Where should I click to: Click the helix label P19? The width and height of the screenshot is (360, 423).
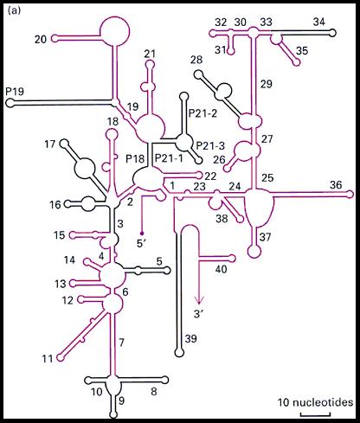(15, 92)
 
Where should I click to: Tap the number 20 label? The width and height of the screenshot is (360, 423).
(41, 39)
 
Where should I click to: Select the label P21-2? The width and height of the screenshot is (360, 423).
(202, 113)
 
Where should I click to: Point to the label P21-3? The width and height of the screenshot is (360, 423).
(210, 145)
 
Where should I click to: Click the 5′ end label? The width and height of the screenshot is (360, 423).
(142, 244)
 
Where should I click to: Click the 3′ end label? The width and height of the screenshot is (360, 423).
(199, 314)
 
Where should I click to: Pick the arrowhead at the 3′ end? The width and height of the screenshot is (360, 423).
(198, 300)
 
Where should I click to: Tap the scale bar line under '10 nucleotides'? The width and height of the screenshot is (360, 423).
(315, 415)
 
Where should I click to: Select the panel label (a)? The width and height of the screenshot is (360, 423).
(15, 10)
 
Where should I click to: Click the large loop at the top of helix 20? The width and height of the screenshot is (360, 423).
(115, 31)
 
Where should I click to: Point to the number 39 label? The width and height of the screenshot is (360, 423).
(191, 338)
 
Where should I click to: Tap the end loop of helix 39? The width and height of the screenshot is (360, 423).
(179, 352)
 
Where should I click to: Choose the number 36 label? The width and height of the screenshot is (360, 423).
(336, 185)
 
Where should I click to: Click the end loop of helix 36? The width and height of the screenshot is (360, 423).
(350, 195)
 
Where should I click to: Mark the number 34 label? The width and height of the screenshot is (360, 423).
(319, 22)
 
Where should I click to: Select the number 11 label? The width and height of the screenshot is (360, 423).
(48, 359)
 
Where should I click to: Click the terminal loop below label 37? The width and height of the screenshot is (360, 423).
(254, 252)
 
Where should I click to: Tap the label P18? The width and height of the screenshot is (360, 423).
(135, 159)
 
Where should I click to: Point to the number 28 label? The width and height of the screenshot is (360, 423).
(196, 61)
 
